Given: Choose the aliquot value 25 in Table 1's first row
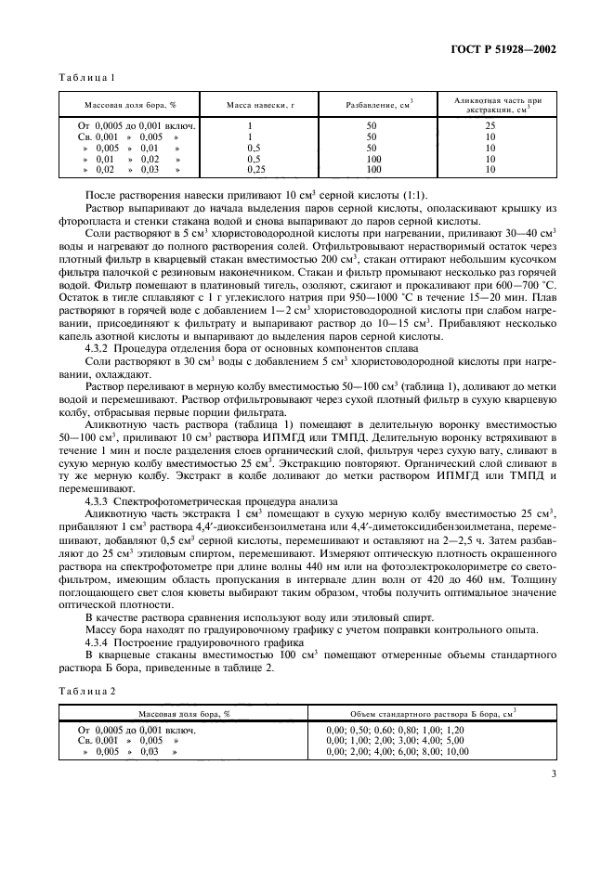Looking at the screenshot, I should coord(490,124).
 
